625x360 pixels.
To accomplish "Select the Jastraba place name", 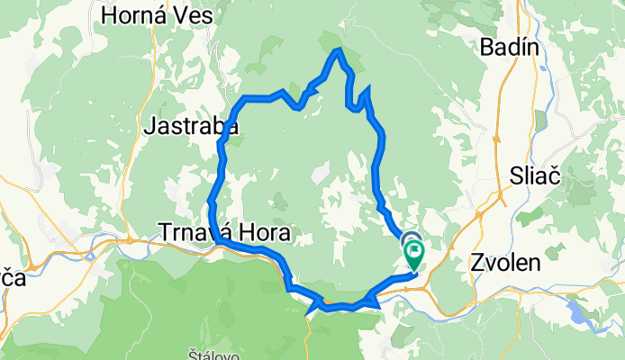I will click(x=190, y=128).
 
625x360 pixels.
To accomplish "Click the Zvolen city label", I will click(x=505, y=264).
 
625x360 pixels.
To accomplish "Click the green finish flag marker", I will click(x=414, y=255).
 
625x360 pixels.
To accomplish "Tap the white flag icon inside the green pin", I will click(x=414, y=253).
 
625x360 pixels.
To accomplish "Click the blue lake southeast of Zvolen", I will click(x=577, y=313).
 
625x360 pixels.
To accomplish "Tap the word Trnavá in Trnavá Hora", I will click(x=195, y=232).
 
